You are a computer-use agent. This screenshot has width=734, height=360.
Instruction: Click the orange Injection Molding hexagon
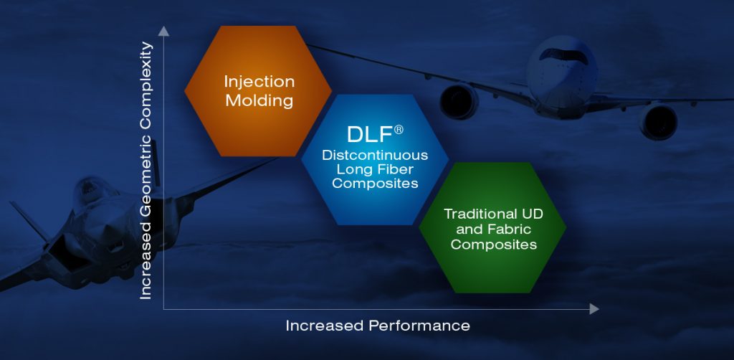pyautogui.click(x=258, y=91)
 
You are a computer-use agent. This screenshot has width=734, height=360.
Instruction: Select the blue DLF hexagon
pyautogui.click(x=375, y=160)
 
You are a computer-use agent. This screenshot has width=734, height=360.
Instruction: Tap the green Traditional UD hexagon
pyautogui.click(x=492, y=228)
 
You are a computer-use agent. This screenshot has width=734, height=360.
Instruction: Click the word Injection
pyautogui.click(x=259, y=82)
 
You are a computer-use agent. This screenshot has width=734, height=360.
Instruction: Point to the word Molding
pyautogui.click(x=259, y=100)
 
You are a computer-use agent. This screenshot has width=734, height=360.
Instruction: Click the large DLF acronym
pyautogui.click(x=369, y=134)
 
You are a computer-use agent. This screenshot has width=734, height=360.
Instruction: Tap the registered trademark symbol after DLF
pyautogui.click(x=399, y=130)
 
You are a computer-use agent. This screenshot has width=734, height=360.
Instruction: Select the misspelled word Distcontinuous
pyautogui.click(x=375, y=155)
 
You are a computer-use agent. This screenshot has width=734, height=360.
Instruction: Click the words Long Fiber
pyautogui.click(x=375, y=169)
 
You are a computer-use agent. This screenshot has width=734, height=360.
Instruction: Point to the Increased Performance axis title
pyautogui.click(x=378, y=326)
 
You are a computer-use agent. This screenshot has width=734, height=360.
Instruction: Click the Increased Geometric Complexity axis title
pyautogui.click(x=146, y=171)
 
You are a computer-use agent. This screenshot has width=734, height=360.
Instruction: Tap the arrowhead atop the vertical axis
pyautogui.click(x=163, y=32)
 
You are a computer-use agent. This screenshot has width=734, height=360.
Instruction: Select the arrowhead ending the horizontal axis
pyautogui.click(x=594, y=309)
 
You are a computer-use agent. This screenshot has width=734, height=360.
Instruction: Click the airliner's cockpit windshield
pyautogui.click(x=563, y=56)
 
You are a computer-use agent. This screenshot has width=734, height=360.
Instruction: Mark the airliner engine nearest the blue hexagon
pyautogui.click(x=459, y=100)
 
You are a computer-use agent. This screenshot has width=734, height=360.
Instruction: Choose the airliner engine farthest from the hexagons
pyautogui.click(x=658, y=122)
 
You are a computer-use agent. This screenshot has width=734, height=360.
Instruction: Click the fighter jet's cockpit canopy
pyautogui.click(x=90, y=186)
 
